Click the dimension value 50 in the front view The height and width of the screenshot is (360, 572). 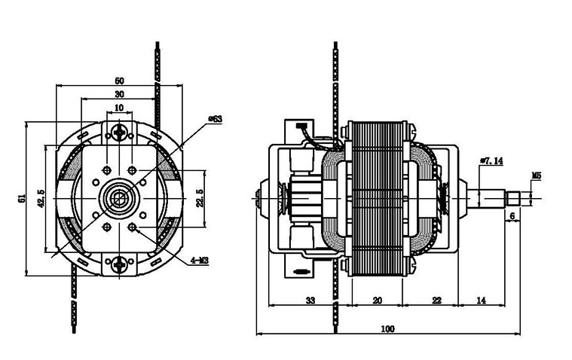click(119, 80)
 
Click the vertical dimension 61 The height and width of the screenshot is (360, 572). click(22, 198)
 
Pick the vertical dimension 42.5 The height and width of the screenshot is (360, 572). click(42, 198)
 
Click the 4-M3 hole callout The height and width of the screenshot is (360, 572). click(200, 261)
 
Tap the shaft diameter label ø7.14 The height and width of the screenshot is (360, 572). click(491, 161)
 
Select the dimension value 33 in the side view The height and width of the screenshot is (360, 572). click(310, 300)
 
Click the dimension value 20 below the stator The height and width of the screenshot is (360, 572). click(377, 300)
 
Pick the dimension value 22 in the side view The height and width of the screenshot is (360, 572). click(436, 300)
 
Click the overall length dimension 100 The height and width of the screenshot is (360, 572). click(387, 329)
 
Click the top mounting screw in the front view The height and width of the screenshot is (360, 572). click(119, 135)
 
